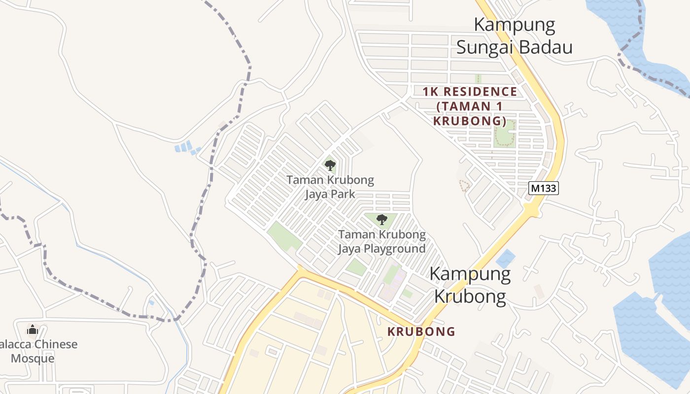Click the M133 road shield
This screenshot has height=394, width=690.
pyautogui.click(x=544, y=188)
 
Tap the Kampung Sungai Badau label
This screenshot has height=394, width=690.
pyautogui.click(x=514, y=36)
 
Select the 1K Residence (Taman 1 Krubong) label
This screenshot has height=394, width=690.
pyautogui.click(x=470, y=106)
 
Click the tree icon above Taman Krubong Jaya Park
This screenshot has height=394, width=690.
pyautogui.click(x=330, y=165)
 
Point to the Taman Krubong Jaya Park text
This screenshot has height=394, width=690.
pyautogui.click(x=330, y=187)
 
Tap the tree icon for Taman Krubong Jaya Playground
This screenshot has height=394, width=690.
pyautogui.click(x=381, y=220)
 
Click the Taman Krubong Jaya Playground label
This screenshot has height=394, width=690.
pyautogui.click(x=381, y=241)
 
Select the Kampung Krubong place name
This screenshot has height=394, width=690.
pyautogui.click(x=470, y=285)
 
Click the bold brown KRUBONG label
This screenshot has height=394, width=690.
pyautogui.click(x=421, y=331)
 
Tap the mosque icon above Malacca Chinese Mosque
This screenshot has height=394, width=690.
pyautogui.click(x=33, y=329)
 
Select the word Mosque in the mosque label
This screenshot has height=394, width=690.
pyautogui.click(x=33, y=358)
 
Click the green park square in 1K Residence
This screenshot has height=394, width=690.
pyautogui.click(x=505, y=133)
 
